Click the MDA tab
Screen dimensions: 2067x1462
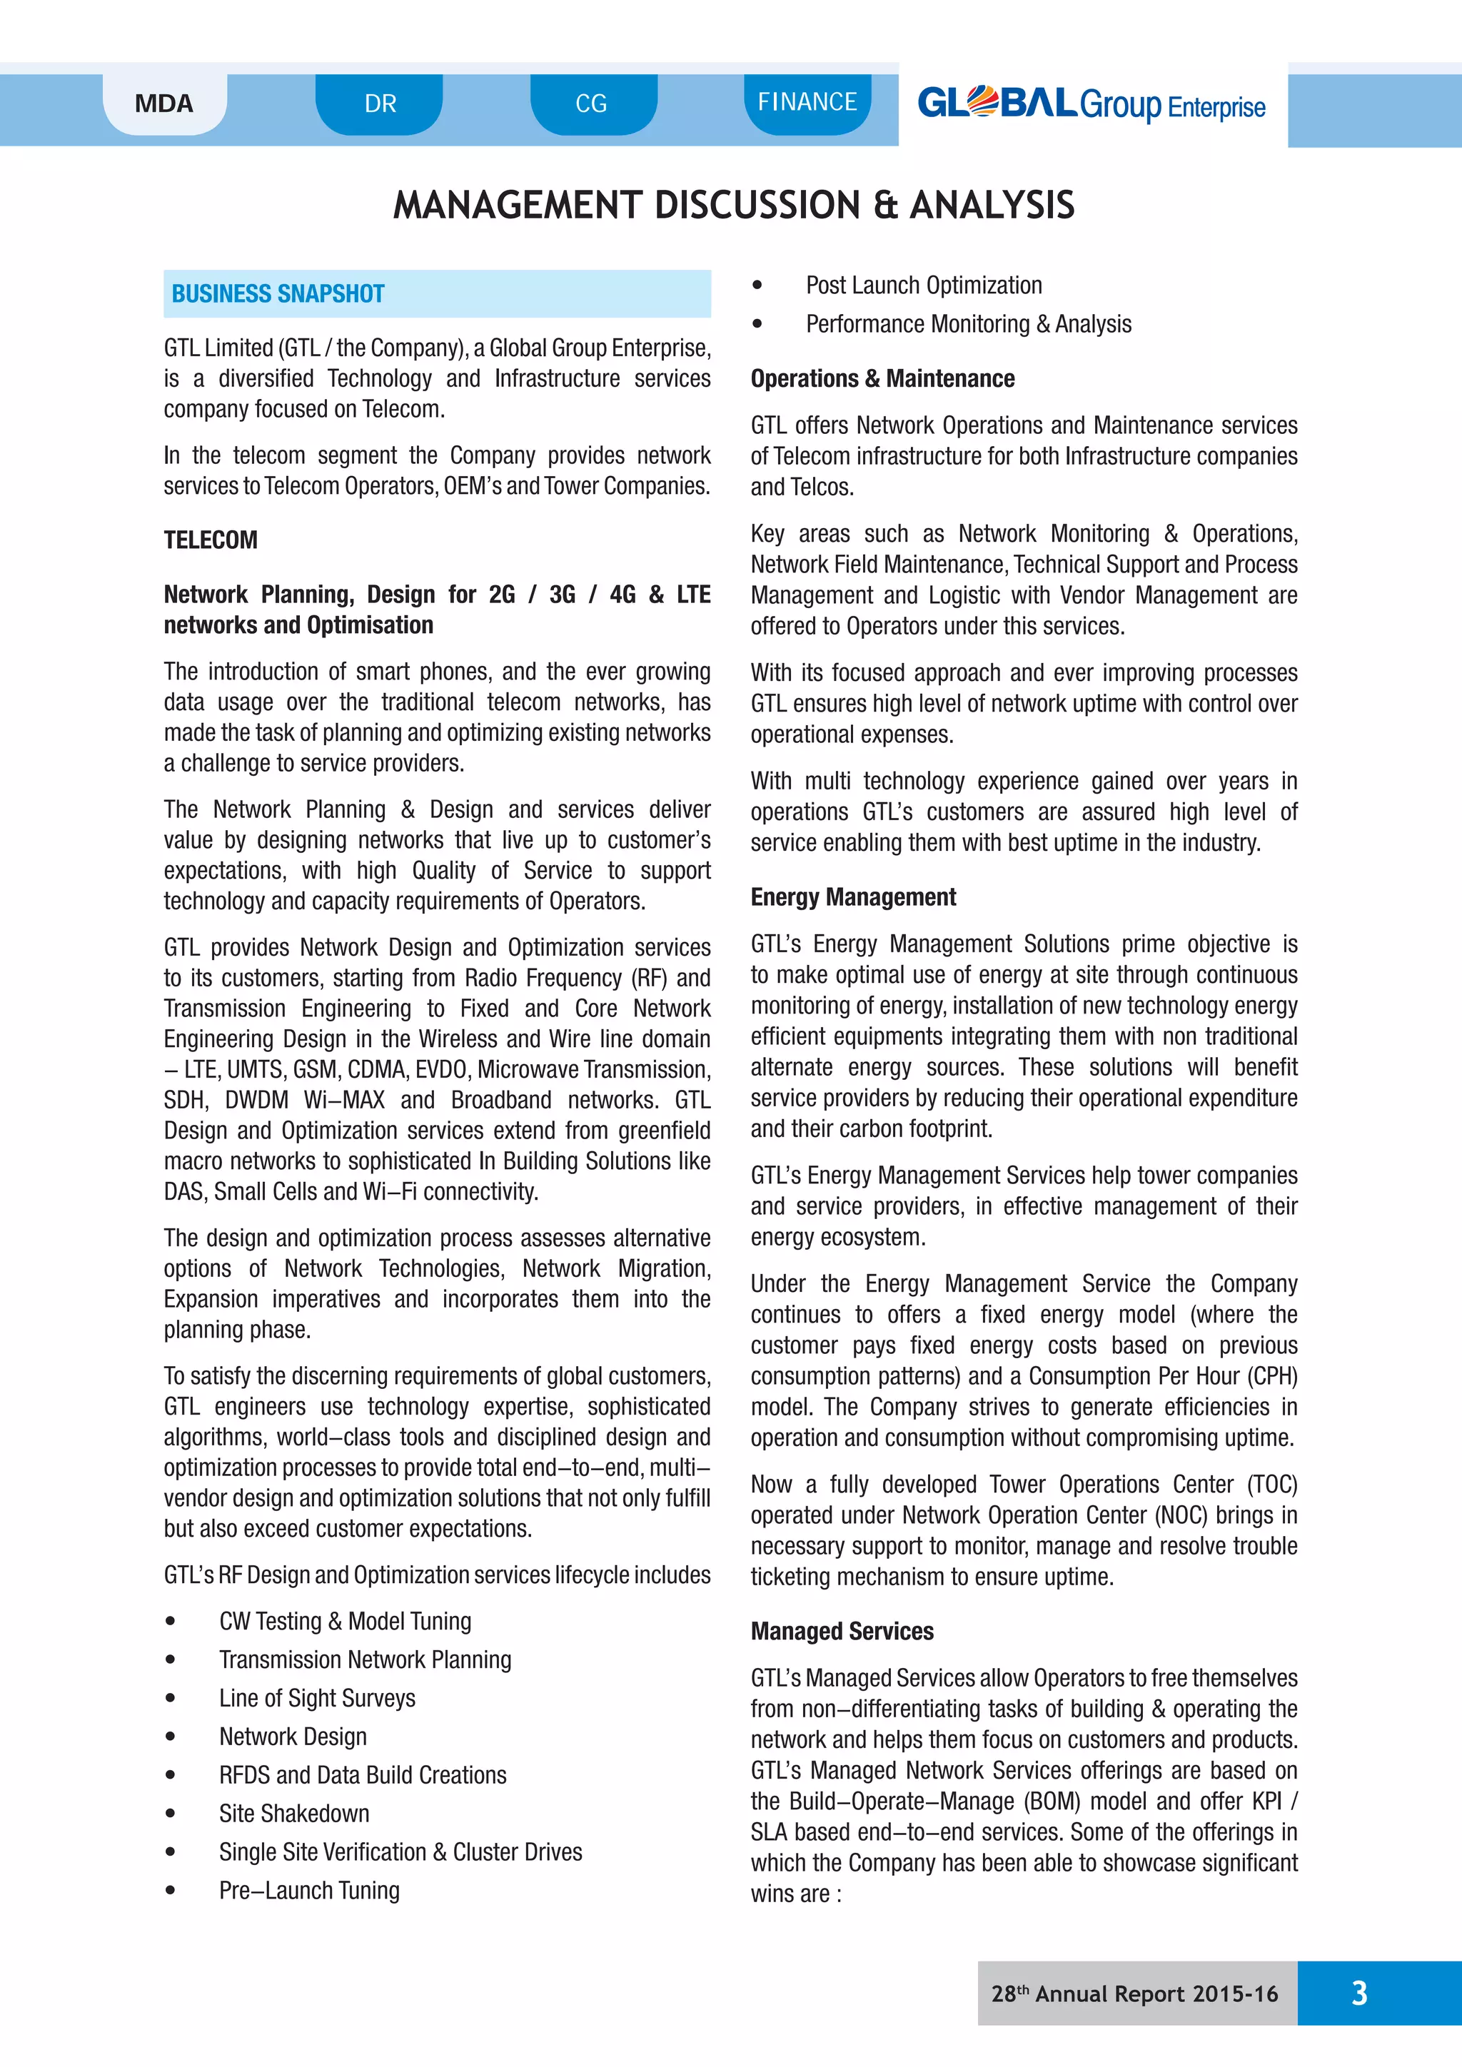coord(164,103)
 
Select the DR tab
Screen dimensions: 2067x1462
coord(380,103)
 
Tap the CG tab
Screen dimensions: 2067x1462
coord(592,103)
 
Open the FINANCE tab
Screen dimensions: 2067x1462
coord(807,102)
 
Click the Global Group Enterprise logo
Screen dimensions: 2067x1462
coord(1090,104)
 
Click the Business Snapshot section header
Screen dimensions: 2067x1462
coord(278,293)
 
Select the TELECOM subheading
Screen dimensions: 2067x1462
coord(211,540)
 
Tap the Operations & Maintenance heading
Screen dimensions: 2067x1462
coord(882,378)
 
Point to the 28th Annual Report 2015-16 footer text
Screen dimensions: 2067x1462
coord(1134,1993)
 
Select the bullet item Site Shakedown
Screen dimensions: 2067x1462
coord(293,1812)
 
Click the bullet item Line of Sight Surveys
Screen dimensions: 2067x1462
coord(317,1697)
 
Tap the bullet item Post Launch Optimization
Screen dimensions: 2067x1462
coord(924,285)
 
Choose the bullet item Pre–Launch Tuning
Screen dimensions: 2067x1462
coord(309,1890)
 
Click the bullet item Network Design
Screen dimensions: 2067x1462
coord(293,1736)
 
